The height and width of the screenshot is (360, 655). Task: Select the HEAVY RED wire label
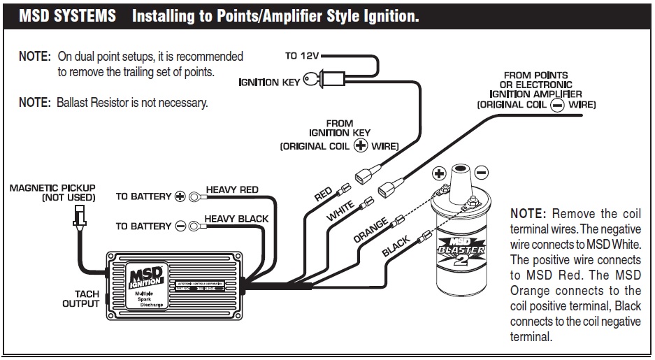[x=231, y=189]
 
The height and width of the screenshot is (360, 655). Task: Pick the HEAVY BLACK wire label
[x=236, y=219]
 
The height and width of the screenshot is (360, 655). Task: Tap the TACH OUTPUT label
[x=81, y=298]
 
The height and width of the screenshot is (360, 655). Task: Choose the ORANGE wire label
[x=370, y=230]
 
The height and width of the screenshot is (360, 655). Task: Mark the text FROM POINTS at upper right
[x=535, y=75]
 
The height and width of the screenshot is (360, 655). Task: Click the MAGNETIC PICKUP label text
[x=53, y=188]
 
